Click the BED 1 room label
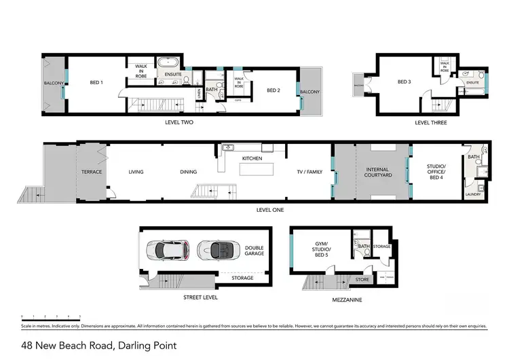96,83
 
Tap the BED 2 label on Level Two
274,90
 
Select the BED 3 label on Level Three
405,83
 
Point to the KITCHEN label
252,158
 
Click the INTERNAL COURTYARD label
379,172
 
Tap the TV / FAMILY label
311,172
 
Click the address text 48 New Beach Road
98,346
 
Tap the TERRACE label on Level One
92,172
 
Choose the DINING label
189,172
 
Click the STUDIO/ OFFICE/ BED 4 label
436,172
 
